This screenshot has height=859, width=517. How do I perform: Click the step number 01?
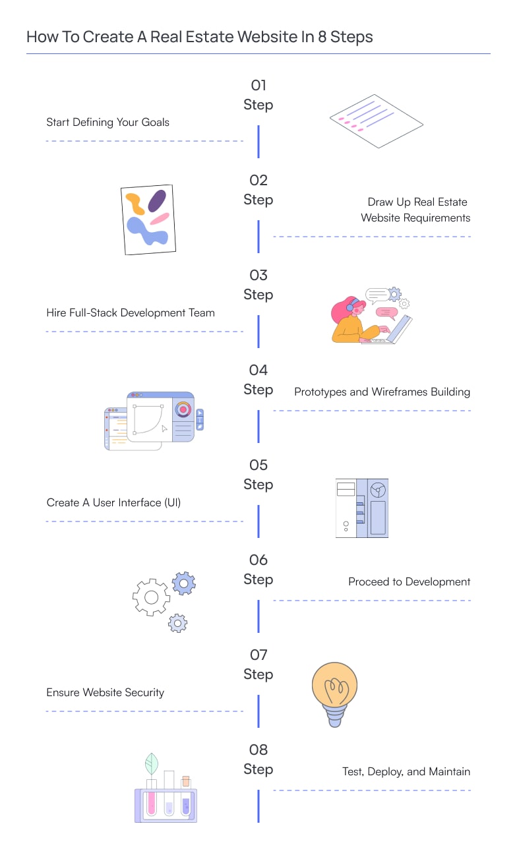click(x=258, y=85)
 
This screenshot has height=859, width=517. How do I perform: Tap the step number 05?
click(x=258, y=465)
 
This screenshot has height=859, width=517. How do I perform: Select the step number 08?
click(x=258, y=750)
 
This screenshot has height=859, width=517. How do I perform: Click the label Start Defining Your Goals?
click(x=107, y=122)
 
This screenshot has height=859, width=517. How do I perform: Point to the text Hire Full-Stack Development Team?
click(x=131, y=312)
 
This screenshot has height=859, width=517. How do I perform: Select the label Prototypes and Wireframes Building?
click(x=382, y=392)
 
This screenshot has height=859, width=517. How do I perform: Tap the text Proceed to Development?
click(x=409, y=581)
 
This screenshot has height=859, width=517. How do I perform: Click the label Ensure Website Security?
click(x=105, y=692)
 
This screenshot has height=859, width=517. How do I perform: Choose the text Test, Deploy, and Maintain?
click(x=406, y=771)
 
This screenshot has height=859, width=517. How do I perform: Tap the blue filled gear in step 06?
click(x=184, y=583)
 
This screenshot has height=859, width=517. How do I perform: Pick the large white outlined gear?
click(x=151, y=597)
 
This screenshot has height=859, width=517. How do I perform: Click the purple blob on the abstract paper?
click(x=157, y=200)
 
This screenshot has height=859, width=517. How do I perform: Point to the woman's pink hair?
click(x=341, y=311)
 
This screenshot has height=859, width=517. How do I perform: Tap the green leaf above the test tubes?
click(x=152, y=763)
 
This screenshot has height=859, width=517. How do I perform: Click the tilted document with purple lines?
click(x=377, y=121)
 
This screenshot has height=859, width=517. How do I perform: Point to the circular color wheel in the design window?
click(x=183, y=409)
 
